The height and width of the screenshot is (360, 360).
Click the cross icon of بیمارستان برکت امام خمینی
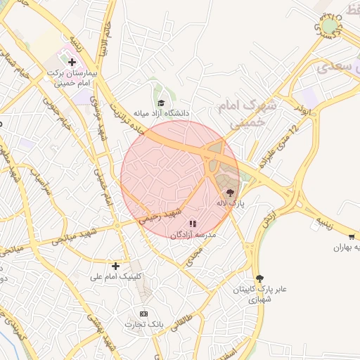72,63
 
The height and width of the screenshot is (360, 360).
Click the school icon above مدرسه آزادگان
193,224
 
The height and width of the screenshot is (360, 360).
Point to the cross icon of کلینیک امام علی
115,266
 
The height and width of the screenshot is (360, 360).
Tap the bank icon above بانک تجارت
144,314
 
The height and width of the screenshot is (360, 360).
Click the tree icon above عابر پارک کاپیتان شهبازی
259,278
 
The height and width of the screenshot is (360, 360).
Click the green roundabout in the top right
328,27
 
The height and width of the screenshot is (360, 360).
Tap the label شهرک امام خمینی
254,112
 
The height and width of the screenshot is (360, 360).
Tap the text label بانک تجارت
144,324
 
